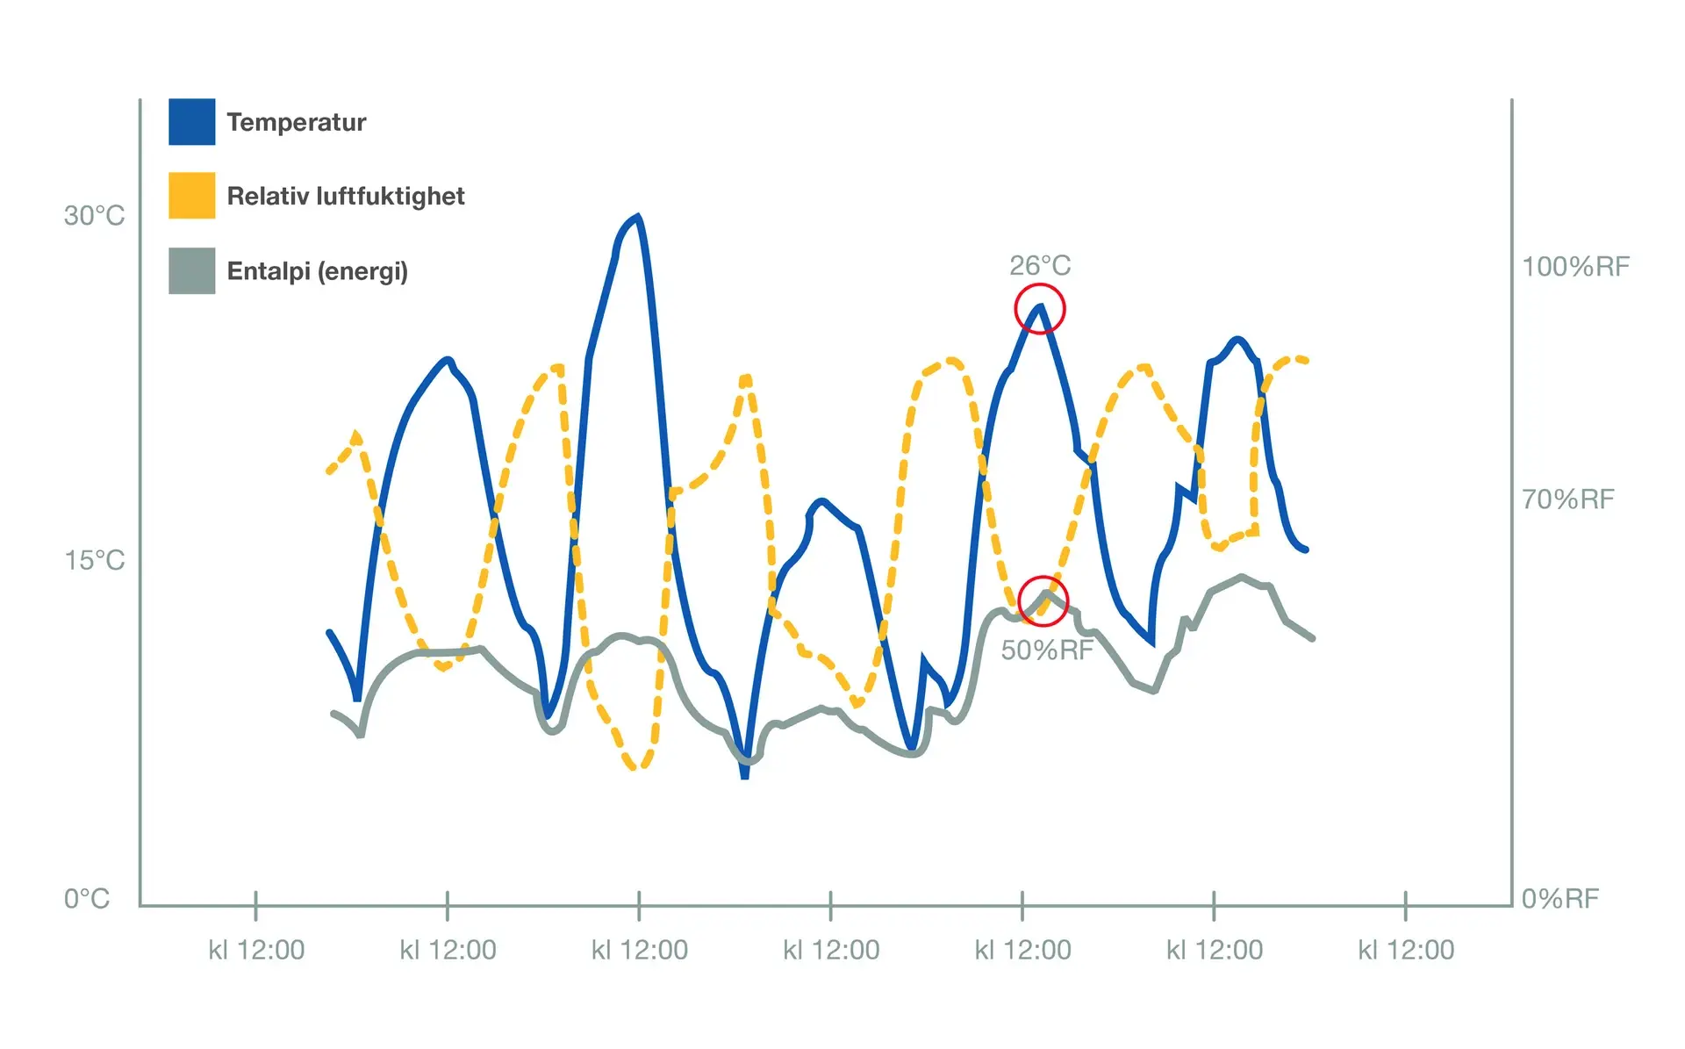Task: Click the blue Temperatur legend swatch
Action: pos(191,122)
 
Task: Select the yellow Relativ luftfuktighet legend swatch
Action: pos(191,196)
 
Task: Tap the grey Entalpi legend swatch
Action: pos(191,270)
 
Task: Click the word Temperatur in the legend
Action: pos(296,122)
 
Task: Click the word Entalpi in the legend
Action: pos(269,270)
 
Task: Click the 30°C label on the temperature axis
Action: pos(94,215)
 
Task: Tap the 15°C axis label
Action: pos(94,560)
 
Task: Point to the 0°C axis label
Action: pos(86,899)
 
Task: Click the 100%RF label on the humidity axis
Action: pos(1575,267)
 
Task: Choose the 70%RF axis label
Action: pos(1567,499)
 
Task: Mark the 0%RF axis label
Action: pos(1560,899)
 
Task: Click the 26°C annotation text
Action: pos(1040,265)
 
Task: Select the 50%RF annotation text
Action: pos(1047,650)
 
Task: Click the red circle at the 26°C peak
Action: pos(1040,309)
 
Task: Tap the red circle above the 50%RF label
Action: pos(1043,601)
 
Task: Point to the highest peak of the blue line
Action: pos(637,216)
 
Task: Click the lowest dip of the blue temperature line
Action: pos(745,775)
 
